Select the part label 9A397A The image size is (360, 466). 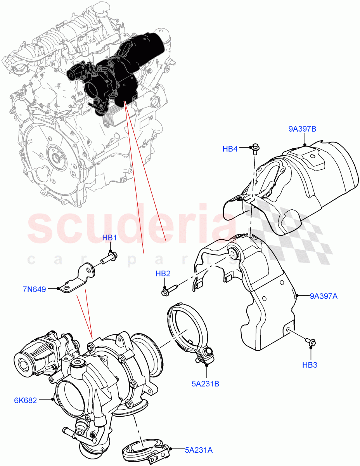[324, 297]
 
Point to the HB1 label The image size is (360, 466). [109, 238]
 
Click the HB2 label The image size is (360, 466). [163, 274]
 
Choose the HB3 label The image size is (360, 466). [311, 365]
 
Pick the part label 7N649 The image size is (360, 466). [34, 289]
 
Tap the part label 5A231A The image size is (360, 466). [199, 450]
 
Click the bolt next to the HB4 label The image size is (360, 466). [255, 148]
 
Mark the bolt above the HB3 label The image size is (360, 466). [311, 342]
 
